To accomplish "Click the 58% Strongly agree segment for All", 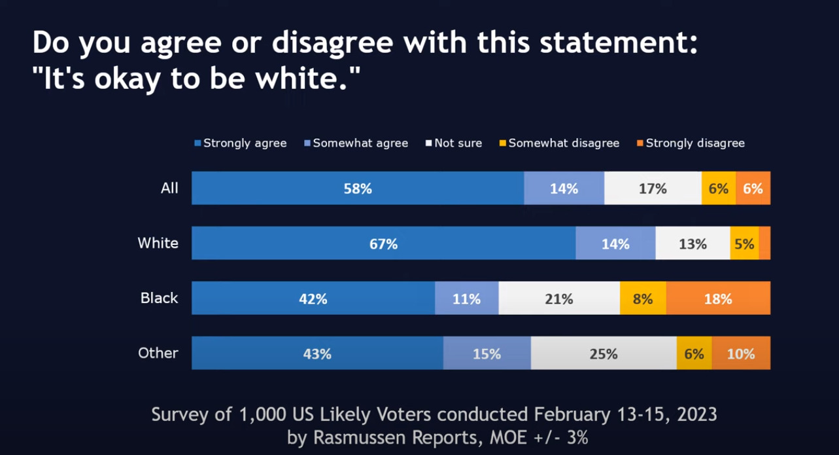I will pos(358,189).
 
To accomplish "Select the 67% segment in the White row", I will pos(383,244).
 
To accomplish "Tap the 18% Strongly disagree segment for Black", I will pos(718,299).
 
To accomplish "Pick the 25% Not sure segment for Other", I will pos(603,354).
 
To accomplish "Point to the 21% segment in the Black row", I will pos(559,299).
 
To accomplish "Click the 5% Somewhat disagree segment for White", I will pos(744,244).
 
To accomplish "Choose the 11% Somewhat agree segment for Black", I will pos(467,299).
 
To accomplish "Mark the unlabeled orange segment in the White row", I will pos(764,244).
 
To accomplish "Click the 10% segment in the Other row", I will pos(741,354).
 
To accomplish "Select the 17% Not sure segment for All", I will pos(653,189).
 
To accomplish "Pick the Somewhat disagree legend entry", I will pos(563,143).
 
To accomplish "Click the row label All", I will pos(169,189).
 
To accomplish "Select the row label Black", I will pos(160,299).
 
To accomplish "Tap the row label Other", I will pos(158,354).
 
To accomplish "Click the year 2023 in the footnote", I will pos(695,414).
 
